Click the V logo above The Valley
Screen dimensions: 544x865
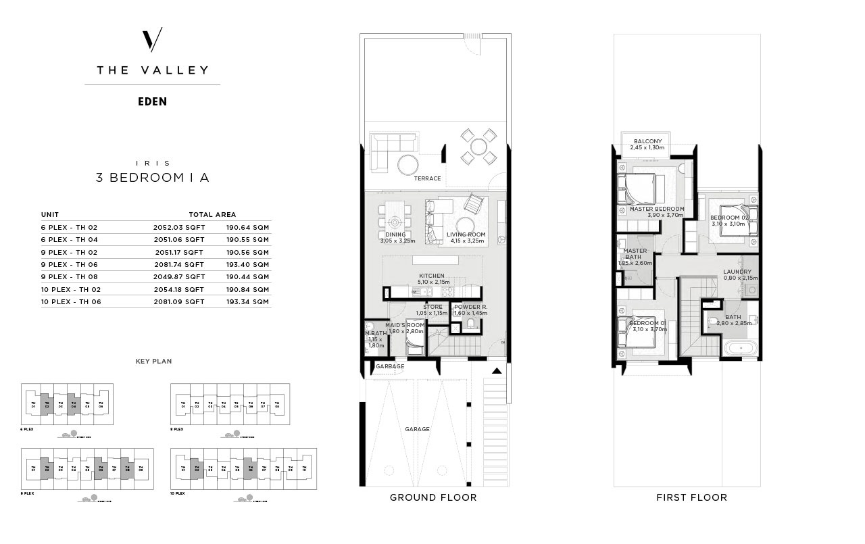pyautogui.click(x=152, y=40)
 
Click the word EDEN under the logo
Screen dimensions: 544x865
pyautogui.click(x=152, y=102)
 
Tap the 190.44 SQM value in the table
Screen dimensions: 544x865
pyautogui.click(x=247, y=276)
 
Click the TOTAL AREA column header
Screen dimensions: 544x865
pyautogui.click(x=212, y=214)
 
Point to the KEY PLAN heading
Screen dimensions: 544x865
pyautogui.click(x=153, y=362)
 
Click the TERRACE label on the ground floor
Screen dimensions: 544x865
pyautogui.click(x=427, y=178)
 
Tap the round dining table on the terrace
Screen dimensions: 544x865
pyautogui.click(x=478, y=147)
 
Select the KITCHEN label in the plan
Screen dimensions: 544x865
pyautogui.click(x=432, y=276)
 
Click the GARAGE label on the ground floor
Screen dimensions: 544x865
pyautogui.click(x=417, y=429)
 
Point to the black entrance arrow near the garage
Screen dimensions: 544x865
pyautogui.click(x=497, y=370)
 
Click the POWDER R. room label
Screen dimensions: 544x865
pyautogui.click(x=470, y=307)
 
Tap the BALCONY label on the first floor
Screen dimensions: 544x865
pyautogui.click(x=647, y=141)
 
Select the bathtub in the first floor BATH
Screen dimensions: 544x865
pyautogui.click(x=741, y=349)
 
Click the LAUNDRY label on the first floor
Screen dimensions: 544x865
pyautogui.click(x=737, y=272)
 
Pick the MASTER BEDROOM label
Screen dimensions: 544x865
pyautogui.click(x=657, y=209)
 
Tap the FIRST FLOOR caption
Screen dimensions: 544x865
pyautogui.click(x=691, y=497)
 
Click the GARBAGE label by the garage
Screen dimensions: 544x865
pyautogui.click(x=390, y=366)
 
